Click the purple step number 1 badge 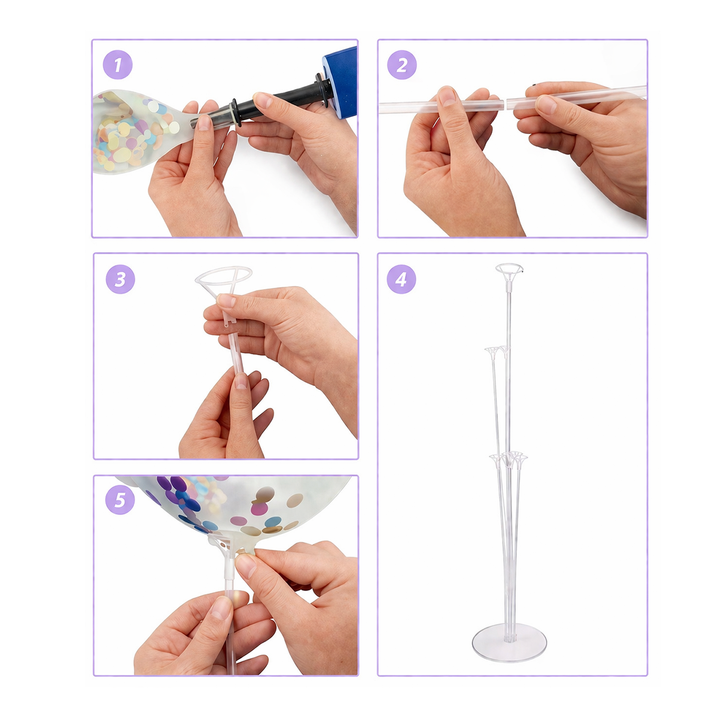pyautogui.click(x=117, y=65)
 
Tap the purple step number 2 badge pyautogui.click(x=401, y=65)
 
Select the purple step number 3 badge pyautogui.click(x=120, y=279)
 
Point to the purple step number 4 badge pyautogui.click(x=401, y=279)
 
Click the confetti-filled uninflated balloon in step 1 pyautogui.click(x=142, y=130)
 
